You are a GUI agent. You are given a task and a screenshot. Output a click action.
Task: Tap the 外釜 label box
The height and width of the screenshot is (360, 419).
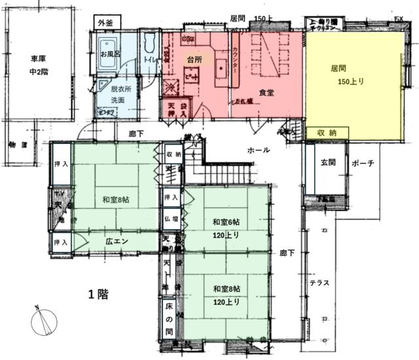(x=105, y=22)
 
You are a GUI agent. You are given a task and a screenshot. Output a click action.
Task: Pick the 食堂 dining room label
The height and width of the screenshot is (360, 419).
(x=266, y=93)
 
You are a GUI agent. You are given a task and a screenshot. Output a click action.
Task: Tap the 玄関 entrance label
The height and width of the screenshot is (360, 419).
(x=328, y=162)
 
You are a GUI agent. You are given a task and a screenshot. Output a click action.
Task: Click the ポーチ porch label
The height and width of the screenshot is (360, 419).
(x=362, y=163)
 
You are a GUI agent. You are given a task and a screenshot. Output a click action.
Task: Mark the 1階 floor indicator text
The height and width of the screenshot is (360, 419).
(x=98, y=293)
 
